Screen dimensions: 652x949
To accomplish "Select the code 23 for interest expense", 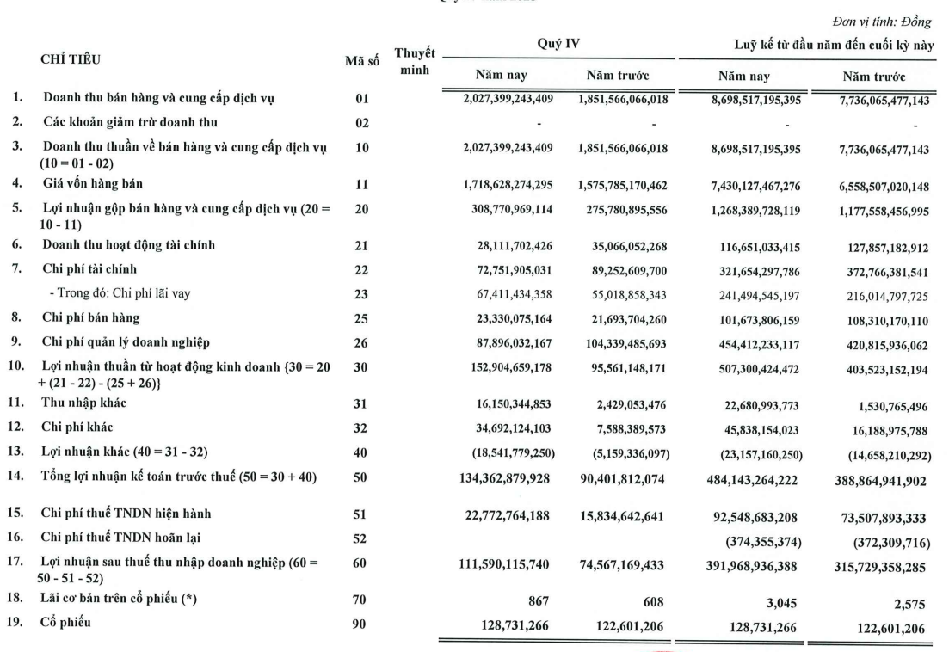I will click(362, 294).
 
